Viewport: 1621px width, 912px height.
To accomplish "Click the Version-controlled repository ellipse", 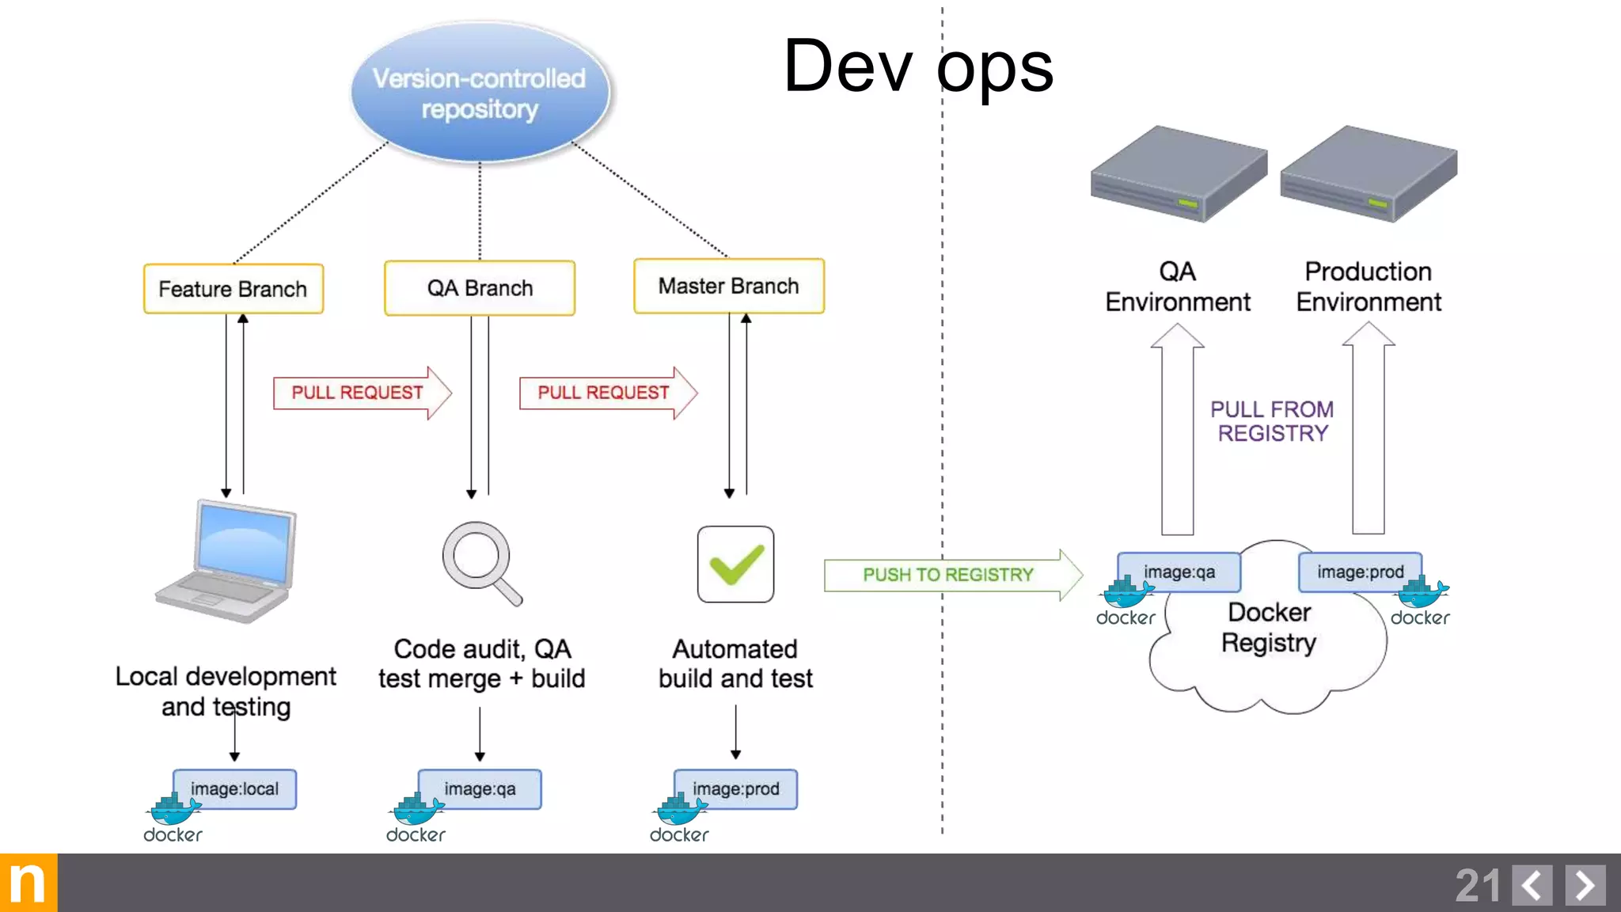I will pos(480,93).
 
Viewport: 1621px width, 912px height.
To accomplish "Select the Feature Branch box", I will pos(233,289).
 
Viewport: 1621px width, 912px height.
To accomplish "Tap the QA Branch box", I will pos(480,288).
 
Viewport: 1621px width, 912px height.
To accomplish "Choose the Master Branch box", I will pos(728,286).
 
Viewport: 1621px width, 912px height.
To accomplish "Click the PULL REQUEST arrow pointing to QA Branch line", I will pos(359,393).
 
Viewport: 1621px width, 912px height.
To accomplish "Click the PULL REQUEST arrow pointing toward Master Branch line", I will pos(606,393).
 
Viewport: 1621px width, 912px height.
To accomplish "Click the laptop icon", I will pos(229,561).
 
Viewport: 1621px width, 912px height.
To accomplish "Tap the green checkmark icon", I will pos(735,564).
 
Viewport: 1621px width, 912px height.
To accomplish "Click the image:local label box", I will pos(235,788).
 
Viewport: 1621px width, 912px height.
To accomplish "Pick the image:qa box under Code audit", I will pos(480,788).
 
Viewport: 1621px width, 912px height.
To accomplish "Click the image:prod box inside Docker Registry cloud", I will pos(1360,572).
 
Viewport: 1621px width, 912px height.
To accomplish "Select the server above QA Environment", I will pos(1178,174).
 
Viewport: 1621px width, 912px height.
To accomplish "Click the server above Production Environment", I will pos(1369,174).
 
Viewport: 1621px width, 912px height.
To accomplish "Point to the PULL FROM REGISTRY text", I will pos(1272,421).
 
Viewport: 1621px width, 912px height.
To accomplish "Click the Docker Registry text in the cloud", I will pos(1269,628).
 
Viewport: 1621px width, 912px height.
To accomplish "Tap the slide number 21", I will pos(1477,885).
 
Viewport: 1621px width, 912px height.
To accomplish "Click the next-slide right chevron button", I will pos(1585,885).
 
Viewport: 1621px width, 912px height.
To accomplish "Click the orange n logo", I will pos(28,883).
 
